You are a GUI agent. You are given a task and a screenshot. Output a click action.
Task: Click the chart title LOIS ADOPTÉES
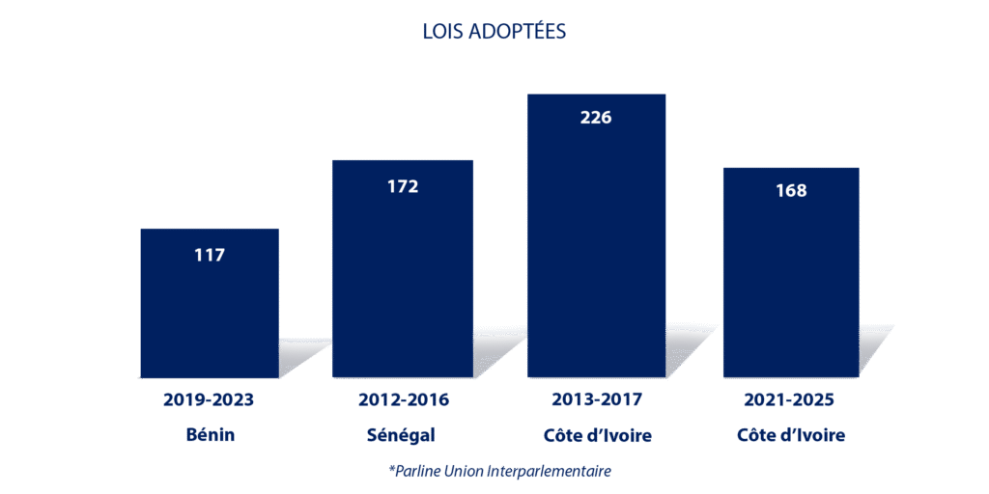click(494, 32)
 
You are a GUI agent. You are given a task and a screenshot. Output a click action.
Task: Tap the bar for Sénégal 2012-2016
click(403, 280)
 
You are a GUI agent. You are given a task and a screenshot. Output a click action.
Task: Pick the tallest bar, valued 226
click(596, 241)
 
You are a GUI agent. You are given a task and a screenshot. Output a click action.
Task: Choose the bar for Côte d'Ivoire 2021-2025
click(790, 280)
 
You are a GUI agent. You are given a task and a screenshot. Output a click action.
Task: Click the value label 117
click(209, 256)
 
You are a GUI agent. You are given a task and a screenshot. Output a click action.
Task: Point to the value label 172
click(403, 186)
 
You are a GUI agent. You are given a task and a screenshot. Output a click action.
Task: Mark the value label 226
click(596, 118)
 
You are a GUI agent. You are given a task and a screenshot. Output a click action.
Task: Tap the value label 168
click(791, 190)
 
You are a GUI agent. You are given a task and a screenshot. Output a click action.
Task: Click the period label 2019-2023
click(209, 399)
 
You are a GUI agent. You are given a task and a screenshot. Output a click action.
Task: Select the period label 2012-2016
click(403, 399)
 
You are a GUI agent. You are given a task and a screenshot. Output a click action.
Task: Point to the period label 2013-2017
click(596, 399)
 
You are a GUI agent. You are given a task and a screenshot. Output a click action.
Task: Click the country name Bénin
click(210, 435)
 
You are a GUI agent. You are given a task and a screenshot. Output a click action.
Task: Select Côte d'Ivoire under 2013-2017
click(596, 435)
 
